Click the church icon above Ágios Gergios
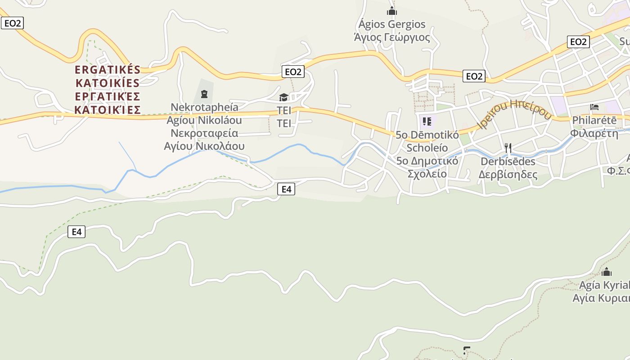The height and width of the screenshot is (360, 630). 392,11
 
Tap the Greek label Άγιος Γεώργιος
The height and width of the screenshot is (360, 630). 392,37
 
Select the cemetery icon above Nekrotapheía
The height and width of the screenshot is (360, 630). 204,94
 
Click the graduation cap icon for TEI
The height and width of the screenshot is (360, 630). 283,97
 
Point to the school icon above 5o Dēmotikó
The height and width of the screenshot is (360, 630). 427,121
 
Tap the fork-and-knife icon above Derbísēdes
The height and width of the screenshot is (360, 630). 508,148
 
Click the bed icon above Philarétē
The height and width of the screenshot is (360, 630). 594,108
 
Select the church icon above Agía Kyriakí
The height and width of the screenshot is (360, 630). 607,272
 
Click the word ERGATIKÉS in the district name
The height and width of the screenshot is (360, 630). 108,70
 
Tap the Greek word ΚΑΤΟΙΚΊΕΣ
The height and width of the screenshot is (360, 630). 108,110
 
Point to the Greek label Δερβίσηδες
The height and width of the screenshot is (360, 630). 508,175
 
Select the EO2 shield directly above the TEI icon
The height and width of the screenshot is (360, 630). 293,72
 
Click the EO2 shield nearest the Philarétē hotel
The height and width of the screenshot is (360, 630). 578,42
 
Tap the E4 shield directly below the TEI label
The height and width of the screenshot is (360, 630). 286,189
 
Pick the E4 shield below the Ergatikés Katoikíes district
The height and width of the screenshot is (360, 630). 76,232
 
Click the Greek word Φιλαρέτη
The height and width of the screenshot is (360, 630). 594,133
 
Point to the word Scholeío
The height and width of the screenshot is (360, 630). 427,148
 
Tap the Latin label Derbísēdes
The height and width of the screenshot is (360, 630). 508,161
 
